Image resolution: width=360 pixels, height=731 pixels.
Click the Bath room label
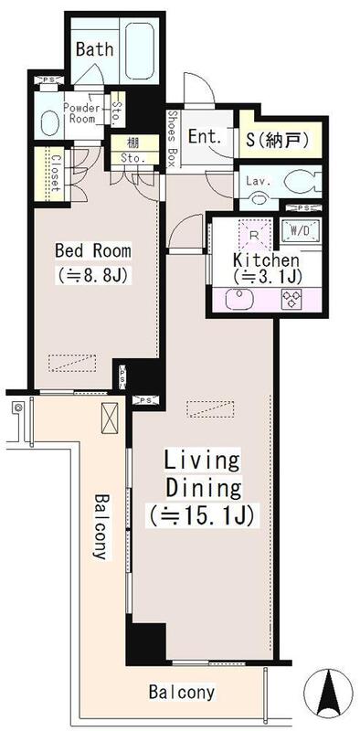pyautogui.click(x=95, y=49)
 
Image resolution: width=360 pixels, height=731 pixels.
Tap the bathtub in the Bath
pyautogui.click(x=140, y=50)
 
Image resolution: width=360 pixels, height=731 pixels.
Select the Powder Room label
pyautogui.click(x=81, y=113)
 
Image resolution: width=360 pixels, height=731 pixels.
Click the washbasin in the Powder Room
pyautogui.click(x=50, y=123)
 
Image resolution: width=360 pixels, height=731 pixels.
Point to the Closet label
pyautogui.click(x=54, y=173)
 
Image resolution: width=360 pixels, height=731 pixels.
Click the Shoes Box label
pyautogui.click(x=171, y=139)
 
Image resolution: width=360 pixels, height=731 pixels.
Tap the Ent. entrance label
pyautogui.click(x=205, y=136)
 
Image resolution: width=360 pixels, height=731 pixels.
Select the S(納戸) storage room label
pyautogui.click(x=279, y=139)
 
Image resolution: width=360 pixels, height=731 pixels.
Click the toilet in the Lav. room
pyautogui.click(x=302, y=181)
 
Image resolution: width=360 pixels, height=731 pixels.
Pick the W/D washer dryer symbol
pyautogui.click(x=300, y=229)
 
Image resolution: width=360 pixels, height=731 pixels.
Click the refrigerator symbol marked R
pyautogui.click(x=254, y=235)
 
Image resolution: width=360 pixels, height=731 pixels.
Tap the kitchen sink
pyautogui.click(x=238, y=299)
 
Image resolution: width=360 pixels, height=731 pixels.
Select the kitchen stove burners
pyautogui.click(x=291, y=299)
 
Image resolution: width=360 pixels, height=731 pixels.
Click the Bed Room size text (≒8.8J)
pyautogui.click(x=93, y=277)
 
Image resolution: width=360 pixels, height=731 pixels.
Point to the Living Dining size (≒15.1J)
pyautogui.click(x=202, y=516)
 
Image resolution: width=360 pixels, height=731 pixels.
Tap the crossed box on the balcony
pyautogui.click(x=110, y=418)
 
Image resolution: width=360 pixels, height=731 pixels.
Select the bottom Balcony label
pyautogui.click(x=183, y=693)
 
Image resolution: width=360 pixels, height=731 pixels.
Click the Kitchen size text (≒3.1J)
pyautogui.click(x=266, y=278)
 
